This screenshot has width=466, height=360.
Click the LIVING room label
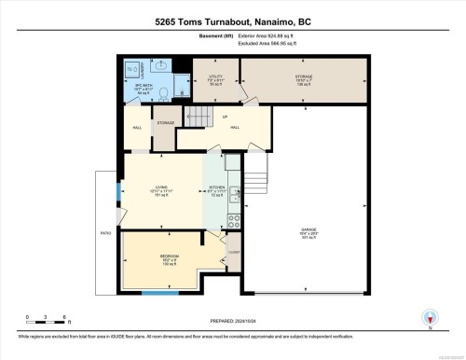pyautogui.click(x=161, y=189)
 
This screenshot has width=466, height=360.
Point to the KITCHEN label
pyautogui.click(x=216, y=190)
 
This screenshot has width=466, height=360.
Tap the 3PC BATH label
pyautogui.click(x=143, y=86)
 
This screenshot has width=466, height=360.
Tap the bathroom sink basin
pyautogui.click(x=158, y=67)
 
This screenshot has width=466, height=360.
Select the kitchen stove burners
pyautogui.click(x=234, y=220)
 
